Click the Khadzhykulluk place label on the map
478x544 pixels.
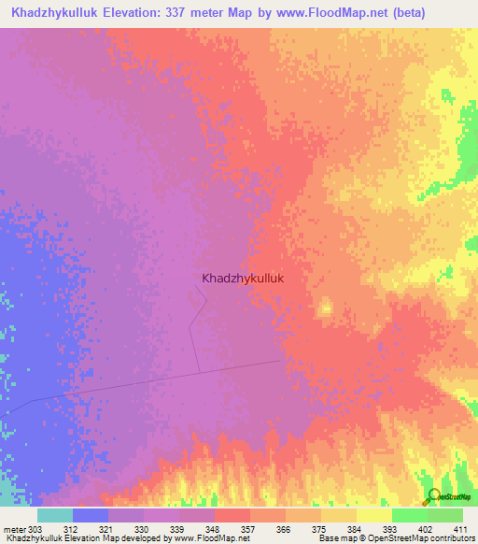[242, 278]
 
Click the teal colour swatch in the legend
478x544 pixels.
[55, 515]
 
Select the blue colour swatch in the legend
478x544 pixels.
[91, 515]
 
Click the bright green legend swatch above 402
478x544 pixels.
[409, 515]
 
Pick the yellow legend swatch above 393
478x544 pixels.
[373, 515]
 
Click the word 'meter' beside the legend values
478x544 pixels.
[13, 528]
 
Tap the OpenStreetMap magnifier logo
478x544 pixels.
[432, 495]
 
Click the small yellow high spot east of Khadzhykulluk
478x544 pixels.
[326, 308]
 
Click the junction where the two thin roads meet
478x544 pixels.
[198, 371]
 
